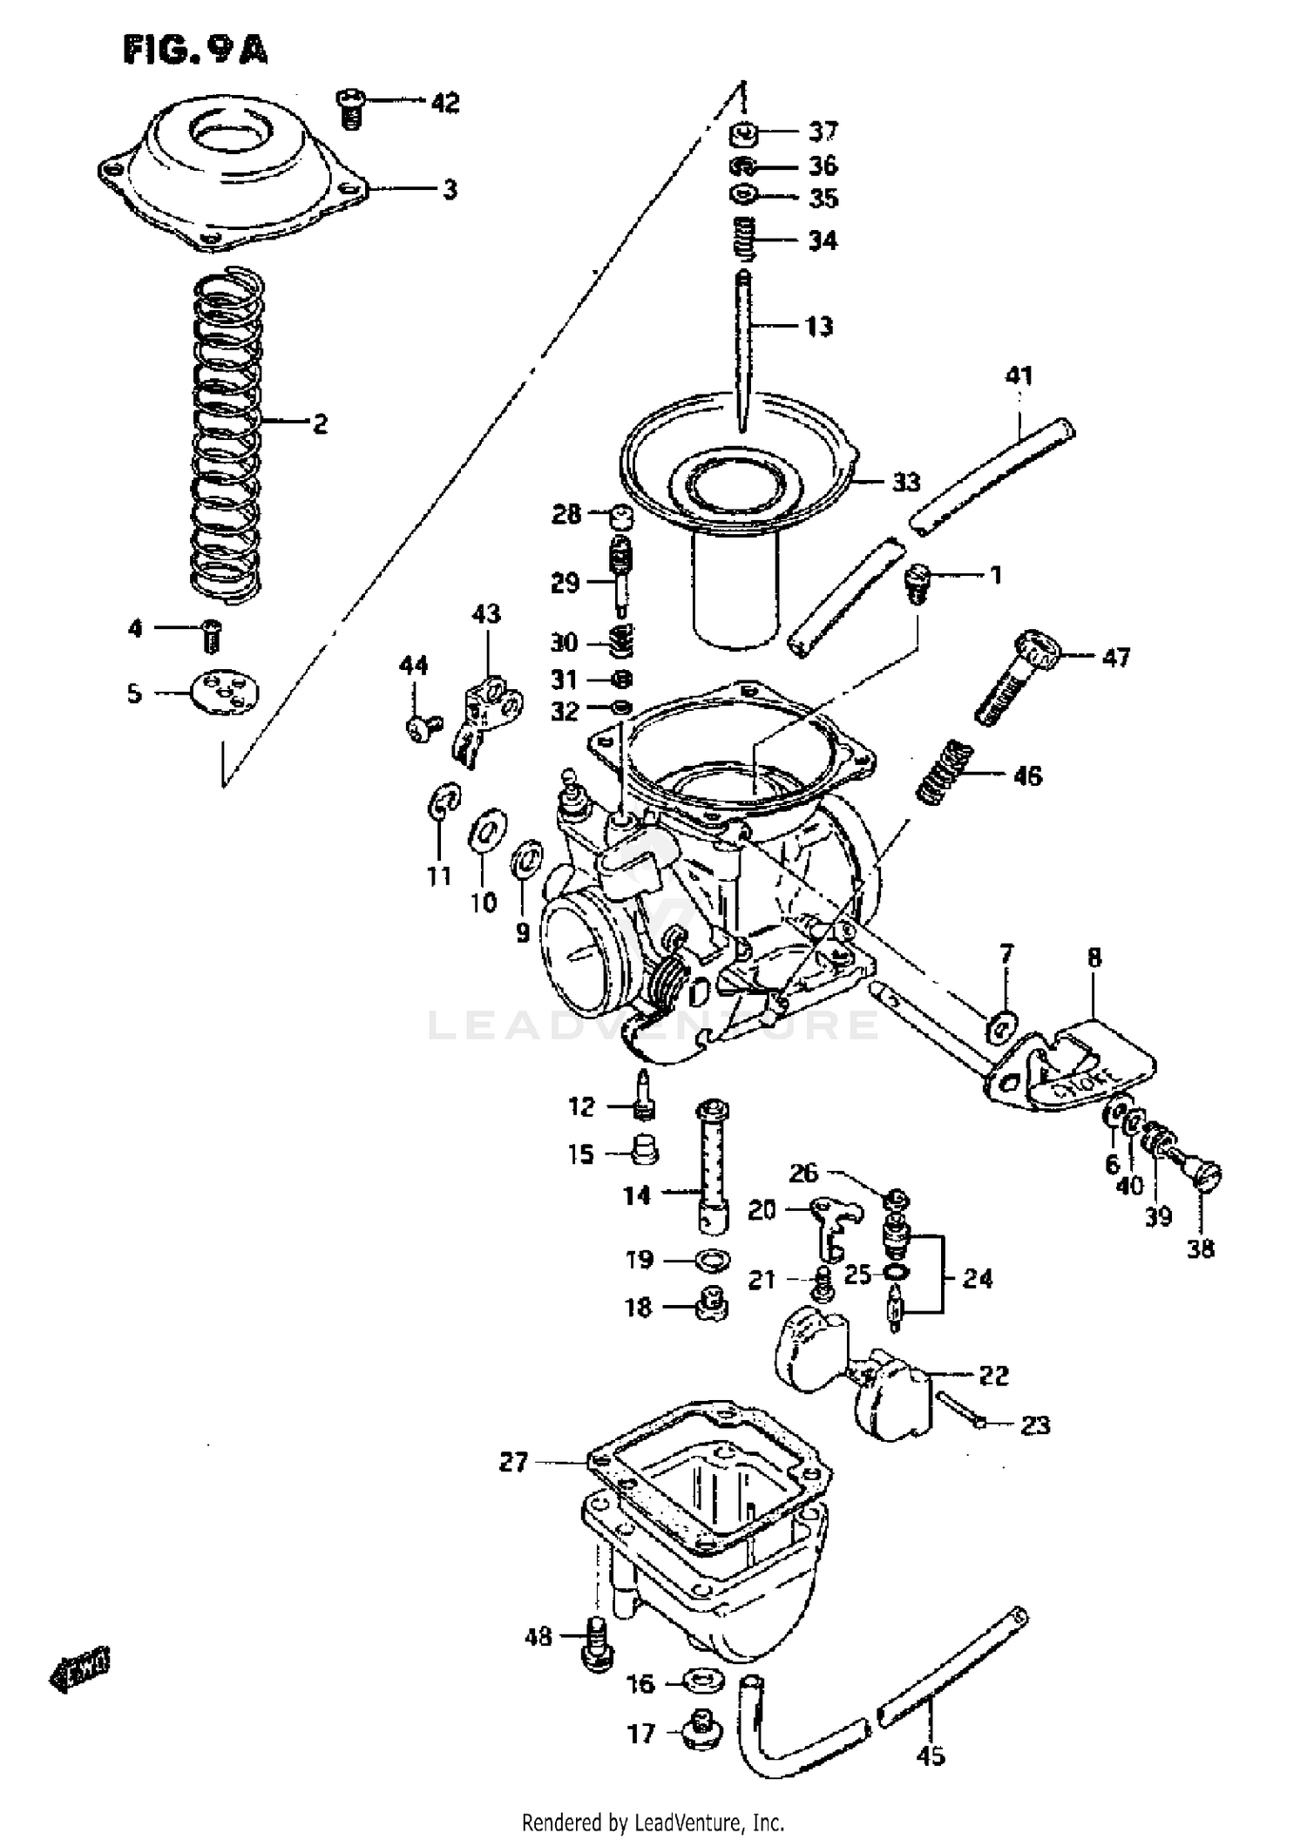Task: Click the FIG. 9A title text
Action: coord(195,51)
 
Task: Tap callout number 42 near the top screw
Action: coord(445,103)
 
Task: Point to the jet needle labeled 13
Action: coord(742,348)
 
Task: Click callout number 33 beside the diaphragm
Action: coord(906,482)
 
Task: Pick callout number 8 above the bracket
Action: coord(1094,957)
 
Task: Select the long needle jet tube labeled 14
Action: coord(712,1167)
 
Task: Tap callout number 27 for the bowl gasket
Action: coord(513,1461)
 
